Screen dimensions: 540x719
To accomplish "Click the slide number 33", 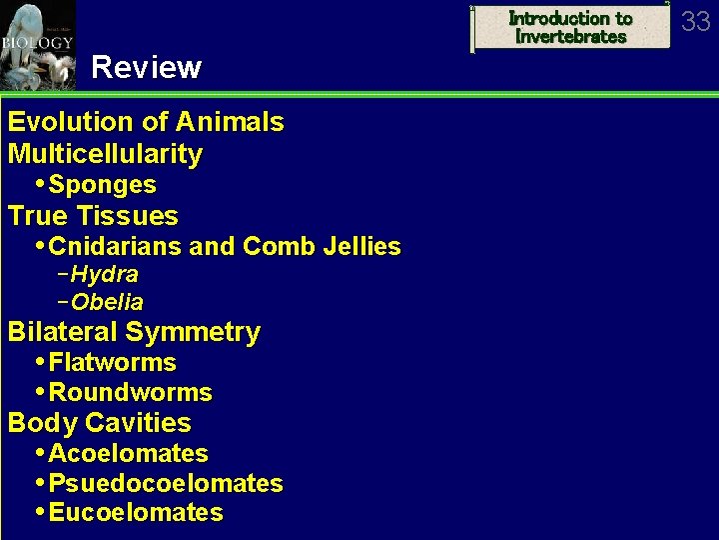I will (696, 21).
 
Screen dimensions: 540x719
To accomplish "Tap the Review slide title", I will (146, 68).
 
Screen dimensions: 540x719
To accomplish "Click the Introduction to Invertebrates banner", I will (570, 27).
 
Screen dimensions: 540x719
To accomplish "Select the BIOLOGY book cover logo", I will (37, 44).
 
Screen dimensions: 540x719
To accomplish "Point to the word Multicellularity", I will (105, 154).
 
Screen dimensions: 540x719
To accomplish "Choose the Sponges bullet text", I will (102, 185).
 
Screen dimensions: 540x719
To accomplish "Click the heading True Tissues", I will (93, 216).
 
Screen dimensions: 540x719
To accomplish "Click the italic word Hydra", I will (104, 274).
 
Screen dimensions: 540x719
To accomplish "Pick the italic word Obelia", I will (107, 302).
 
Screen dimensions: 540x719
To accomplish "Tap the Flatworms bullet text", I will (112, 362).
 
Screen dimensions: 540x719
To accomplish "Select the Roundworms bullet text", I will (130, 392).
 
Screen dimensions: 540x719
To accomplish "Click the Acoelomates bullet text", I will (128, 453).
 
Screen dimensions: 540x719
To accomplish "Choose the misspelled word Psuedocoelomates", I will (166, 484).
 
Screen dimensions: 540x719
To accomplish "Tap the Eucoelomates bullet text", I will (136, 513).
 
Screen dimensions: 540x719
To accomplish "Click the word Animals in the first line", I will (229, 123).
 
